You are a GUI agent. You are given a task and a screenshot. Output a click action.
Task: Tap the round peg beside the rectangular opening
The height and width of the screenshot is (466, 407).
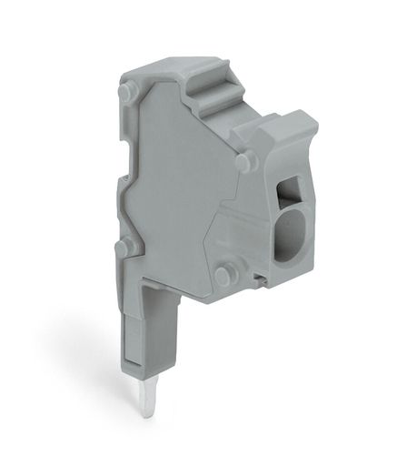[x=243, y=162]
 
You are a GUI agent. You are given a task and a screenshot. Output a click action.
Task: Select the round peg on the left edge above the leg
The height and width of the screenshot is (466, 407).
[x=127, y=247]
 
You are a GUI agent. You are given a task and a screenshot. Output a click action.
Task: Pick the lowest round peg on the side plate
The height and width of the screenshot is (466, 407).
[x=225, y=274]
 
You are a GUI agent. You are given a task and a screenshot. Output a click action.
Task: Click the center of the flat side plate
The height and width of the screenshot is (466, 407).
[x=182, y=191]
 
